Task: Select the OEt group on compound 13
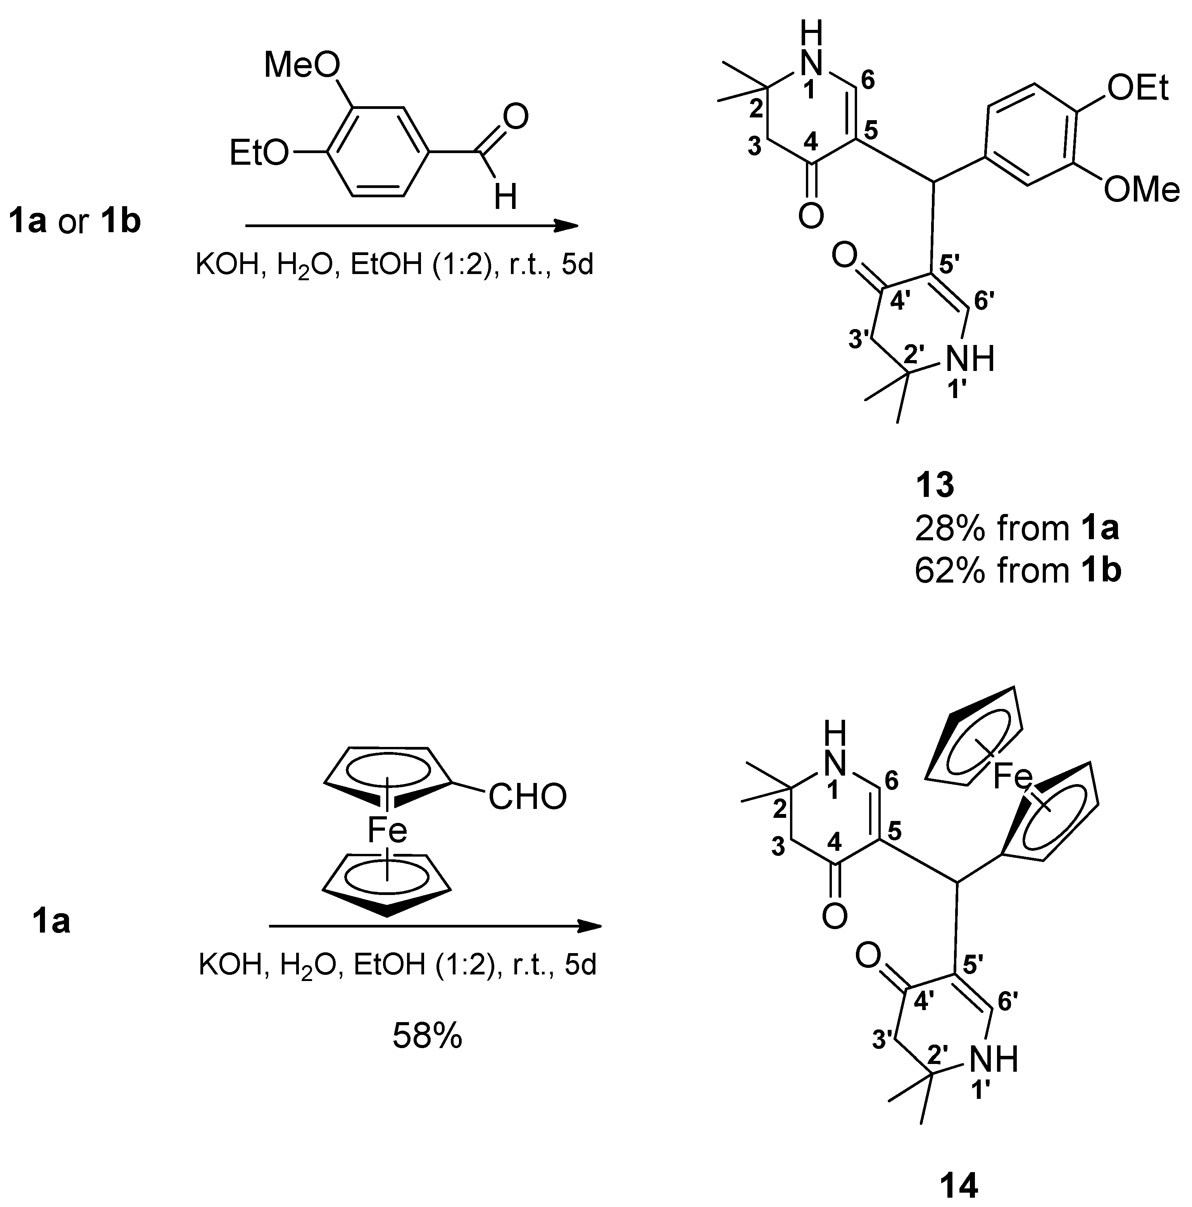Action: [1137, 89]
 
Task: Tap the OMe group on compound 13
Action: [1141, 189]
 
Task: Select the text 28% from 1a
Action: [1016, 529]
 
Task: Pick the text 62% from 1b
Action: [1018, 571]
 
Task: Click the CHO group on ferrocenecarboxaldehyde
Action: [527, 797]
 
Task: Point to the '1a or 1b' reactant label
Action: [74, 222]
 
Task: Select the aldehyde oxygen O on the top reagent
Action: [516, 117]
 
